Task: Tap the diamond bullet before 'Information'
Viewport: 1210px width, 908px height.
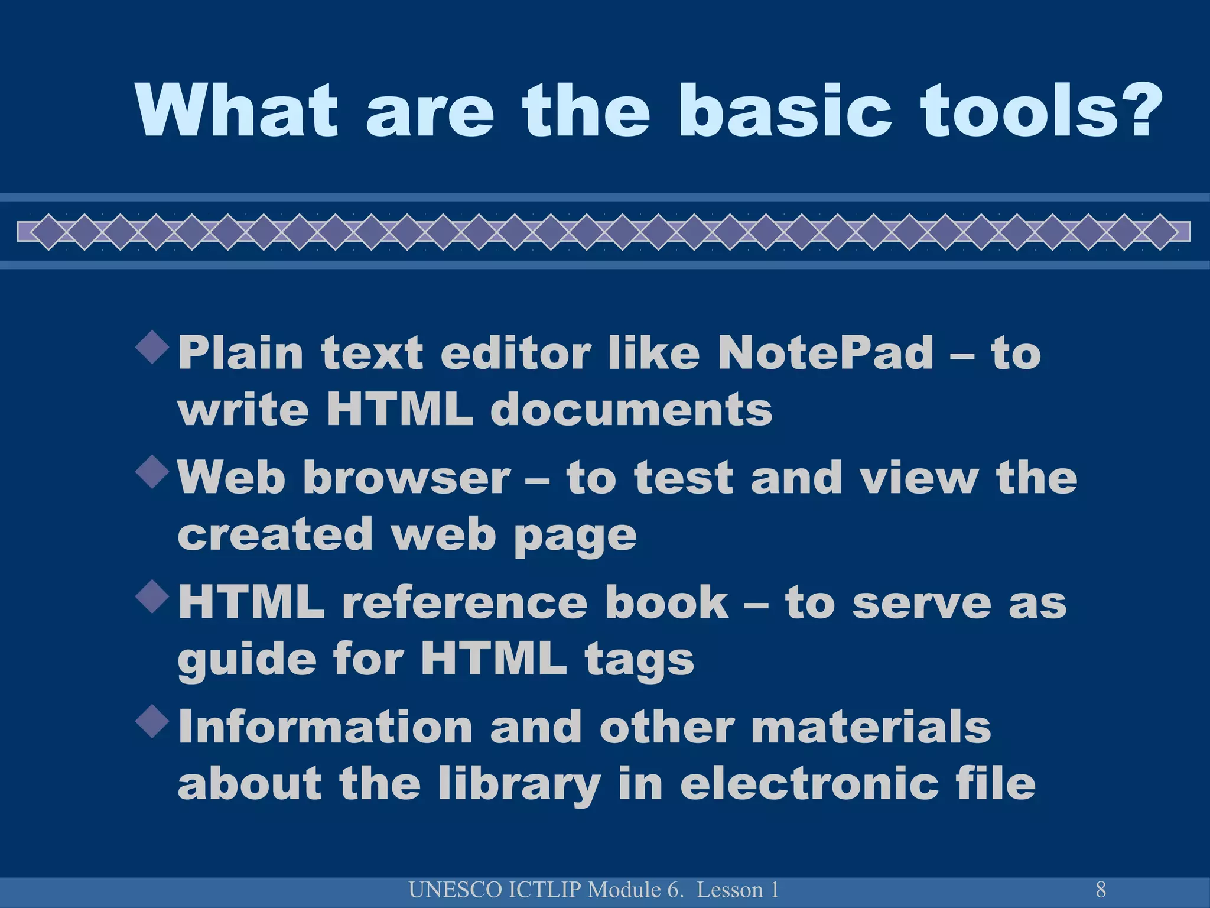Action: [152, 721]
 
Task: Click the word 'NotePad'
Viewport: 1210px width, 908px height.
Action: [826, 353]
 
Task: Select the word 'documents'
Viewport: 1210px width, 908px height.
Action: [631, 409]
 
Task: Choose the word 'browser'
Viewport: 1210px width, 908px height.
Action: [406, 478]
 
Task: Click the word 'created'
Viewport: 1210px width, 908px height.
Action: [275, 534]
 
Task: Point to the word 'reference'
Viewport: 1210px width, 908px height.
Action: [464, 602]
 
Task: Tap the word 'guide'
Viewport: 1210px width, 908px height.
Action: [247, 660]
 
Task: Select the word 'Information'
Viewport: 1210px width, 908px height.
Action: [325, 727]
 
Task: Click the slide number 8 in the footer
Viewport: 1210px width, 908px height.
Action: [1101, 889]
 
